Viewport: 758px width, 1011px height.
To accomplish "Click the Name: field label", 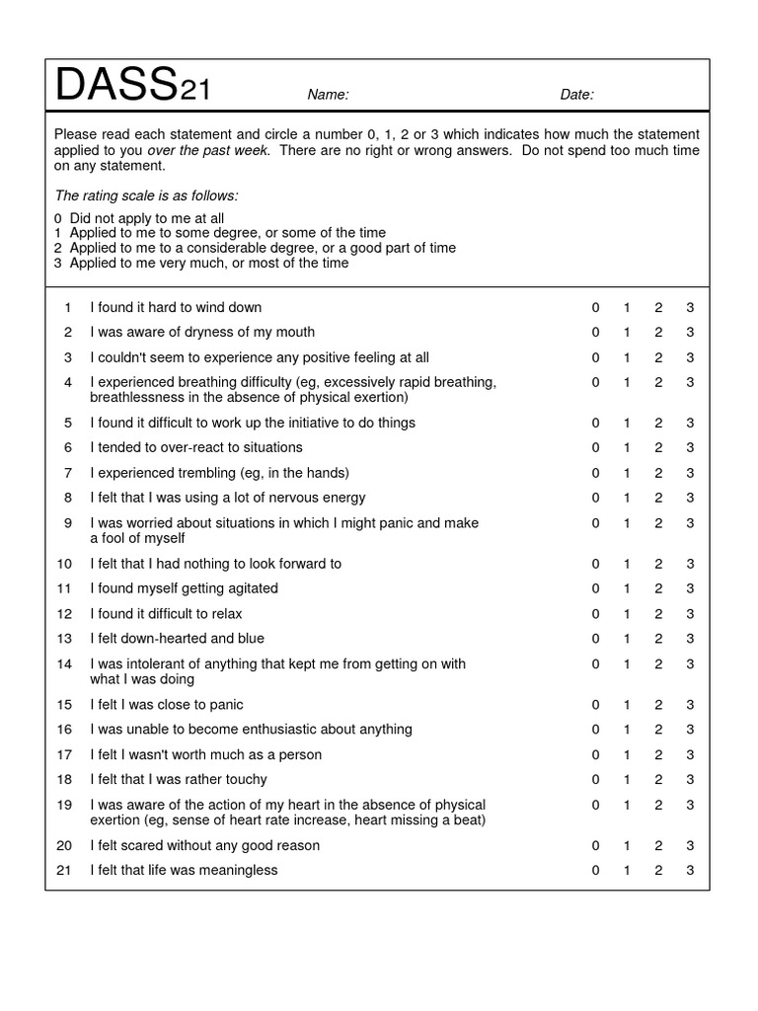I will (328, 95).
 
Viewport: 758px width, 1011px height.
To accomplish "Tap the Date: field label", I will (576, 95).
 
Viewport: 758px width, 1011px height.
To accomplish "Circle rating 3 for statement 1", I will (690, 307).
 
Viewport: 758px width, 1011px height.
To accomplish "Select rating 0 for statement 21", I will (595, 870).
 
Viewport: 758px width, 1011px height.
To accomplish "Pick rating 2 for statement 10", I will (658, 564).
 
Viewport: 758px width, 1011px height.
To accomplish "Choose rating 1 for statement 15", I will (627, 705).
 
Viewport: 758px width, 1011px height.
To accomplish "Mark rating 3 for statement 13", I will (690, 639).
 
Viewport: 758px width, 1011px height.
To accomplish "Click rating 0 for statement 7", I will (595, 473).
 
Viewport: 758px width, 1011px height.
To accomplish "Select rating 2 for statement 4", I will (658, 382).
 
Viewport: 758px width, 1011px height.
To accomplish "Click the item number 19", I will (65, 805).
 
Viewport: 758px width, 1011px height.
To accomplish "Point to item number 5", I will (68, 423).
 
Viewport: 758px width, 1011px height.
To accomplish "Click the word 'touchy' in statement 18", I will (246, 779).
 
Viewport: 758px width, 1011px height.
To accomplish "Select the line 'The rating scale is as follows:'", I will (146, 195).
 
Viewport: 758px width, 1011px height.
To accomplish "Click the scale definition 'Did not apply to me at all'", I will (146, 218).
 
